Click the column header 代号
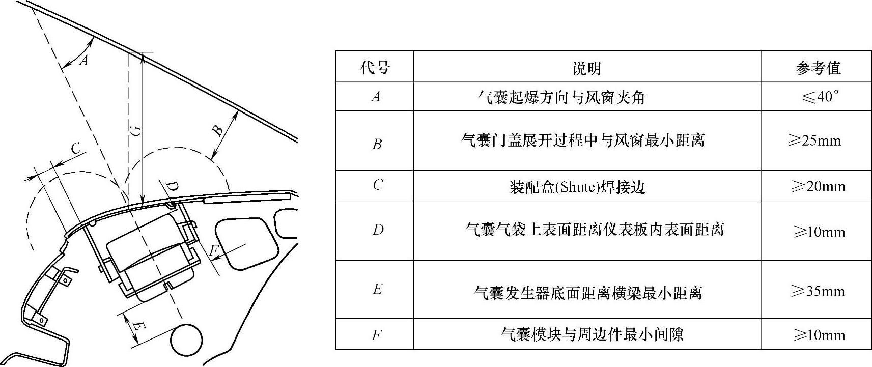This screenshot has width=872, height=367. pos(375,68)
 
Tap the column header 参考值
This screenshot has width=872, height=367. pos(818,68)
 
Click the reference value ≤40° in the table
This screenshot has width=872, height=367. pos(819,97)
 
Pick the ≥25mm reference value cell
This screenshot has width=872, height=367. pos(814,140)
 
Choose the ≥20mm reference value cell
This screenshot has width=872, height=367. pos(818,186)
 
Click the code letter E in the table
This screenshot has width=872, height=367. pos(377,290)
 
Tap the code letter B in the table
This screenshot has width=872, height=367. pos(377,145)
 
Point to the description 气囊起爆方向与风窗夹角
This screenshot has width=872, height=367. pos(561,97)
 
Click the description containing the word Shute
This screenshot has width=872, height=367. pos(577,187)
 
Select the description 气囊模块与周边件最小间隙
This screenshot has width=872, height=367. pos(592,334)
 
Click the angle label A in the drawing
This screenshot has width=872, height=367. pos(84,61)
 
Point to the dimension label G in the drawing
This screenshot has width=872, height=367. pos(135,131)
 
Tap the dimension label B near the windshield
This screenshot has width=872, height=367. pos(217,130)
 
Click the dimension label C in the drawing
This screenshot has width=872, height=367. pos(75,148)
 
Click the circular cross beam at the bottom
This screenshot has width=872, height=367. pos(186,341)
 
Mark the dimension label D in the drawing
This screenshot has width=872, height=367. pos(173,187)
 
